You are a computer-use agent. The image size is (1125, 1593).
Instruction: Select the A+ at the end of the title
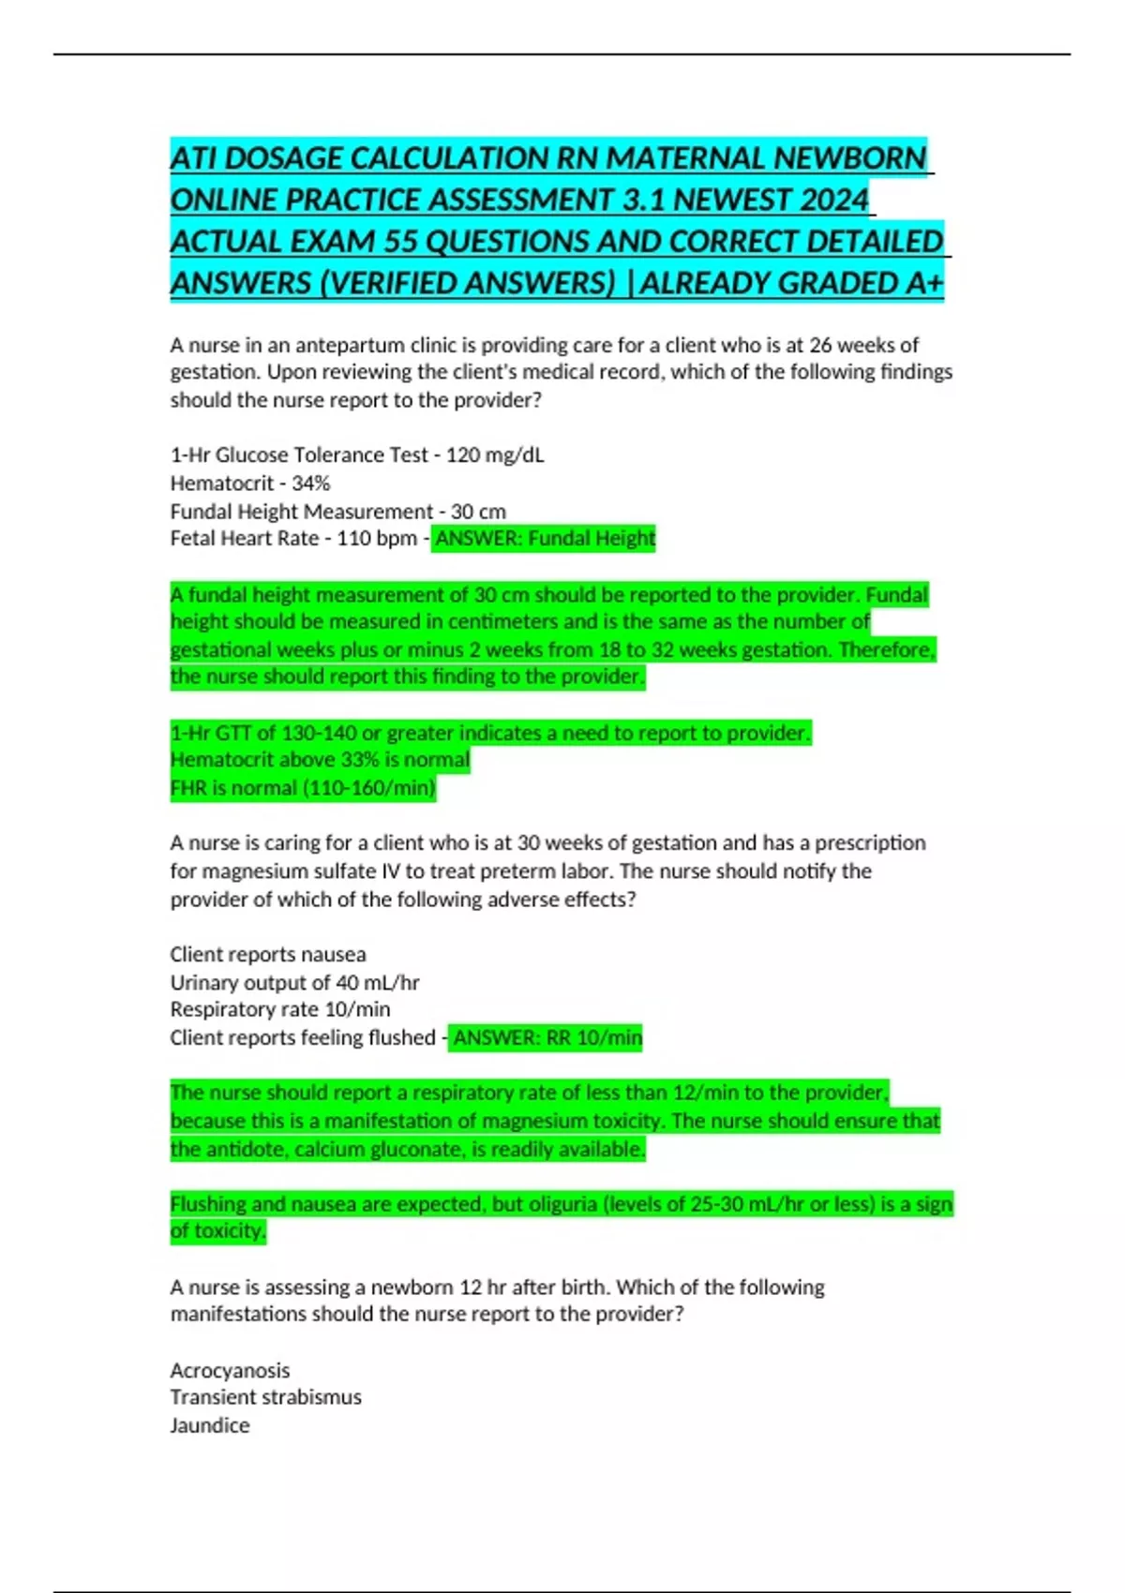point(924,282)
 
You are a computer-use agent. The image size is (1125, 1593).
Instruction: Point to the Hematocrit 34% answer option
point(250,484)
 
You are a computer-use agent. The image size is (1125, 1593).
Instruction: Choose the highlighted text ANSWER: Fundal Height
point(544,539)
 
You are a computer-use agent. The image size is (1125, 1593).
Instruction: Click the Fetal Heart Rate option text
point(293,539)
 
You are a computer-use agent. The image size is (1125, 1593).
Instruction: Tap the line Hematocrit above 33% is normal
point(320,760)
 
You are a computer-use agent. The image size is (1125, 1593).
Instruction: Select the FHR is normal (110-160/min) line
point(303,788)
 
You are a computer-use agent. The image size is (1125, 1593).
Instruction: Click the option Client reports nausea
point(268,955)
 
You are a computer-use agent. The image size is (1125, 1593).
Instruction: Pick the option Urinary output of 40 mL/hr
point(294,983)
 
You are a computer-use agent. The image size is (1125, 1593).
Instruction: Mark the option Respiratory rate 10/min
point(280,1009)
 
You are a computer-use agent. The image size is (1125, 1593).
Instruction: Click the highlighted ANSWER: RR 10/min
point(547,1037)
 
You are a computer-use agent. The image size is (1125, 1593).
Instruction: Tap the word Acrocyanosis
point(230,1371)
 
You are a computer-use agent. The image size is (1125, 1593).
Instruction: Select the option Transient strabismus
point(265,1397)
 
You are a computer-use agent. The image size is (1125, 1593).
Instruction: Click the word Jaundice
point(210,1425)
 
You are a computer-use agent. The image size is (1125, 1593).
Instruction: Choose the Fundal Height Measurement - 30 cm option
point(337,512)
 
